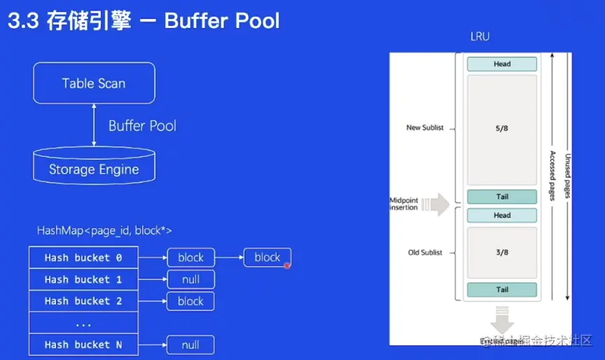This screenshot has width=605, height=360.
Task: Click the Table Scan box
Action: pyautogui.click(x=94, y=83)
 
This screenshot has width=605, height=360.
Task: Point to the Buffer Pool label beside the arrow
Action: pyautogui.click(x=142, y=126)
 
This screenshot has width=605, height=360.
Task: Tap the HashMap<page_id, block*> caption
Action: pyautogui.click(x=104, y=230)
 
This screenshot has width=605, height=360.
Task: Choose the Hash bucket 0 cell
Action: pyautogui.click(x=83, y=258)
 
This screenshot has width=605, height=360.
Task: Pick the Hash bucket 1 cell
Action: pyautogui.click(x=83, y=279)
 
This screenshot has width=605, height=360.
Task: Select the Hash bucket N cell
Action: pyautogui.click(x=83, y=345)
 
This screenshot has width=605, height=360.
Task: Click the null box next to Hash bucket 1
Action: pyautogui.click(x=190, y=279)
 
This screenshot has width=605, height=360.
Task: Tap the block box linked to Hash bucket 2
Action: pyautogui.click(x=190, y=301)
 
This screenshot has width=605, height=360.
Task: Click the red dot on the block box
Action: pyautogui.click(x=287, y=264)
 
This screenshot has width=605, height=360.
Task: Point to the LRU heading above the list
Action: pyautogui.click(x=480, y=36)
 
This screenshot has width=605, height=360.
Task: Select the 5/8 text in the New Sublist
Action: pyautogui.click(x=502, y=129)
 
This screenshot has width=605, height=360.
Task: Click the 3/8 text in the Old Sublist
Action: pyautogui.click(x=502, y=253)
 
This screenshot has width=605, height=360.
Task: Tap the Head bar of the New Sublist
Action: pyautogui.click(x=502, y=64)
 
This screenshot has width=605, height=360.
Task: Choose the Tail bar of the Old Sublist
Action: pyautogui.click(x=502, y=290)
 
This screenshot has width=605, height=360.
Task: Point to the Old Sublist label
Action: pyautogui.click(x=425, y=253)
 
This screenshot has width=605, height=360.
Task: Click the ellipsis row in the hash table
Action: pyautogui.click(x=83, y=324)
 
